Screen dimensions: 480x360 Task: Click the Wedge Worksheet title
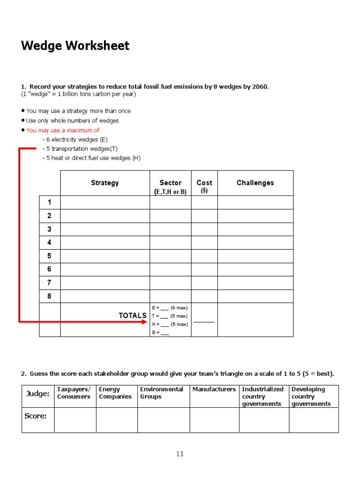[x=75, y=46]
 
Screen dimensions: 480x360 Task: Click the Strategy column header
[x=105, y=183]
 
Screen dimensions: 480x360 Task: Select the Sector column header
[x=170, y=183]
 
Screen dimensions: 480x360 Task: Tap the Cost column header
[x=204, y=183]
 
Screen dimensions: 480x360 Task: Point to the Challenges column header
[x=255, y=183]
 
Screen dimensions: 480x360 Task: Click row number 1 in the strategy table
[x=49, y=202]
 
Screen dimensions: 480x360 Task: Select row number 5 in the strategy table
[x=49, y=256]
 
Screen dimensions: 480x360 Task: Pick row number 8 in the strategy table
[x=49, y=296]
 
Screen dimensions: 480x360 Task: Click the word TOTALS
[x=132, y=315]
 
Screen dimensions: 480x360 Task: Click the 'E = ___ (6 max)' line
[x=170, y=308]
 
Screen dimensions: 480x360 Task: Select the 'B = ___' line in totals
[x=160, y=332]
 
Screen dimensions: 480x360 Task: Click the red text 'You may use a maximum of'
[x=63, y=130]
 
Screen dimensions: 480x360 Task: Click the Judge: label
[x=37, y=394]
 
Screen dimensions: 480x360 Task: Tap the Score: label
[x=36, y=416]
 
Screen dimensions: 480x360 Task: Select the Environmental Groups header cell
[x=162, y=393]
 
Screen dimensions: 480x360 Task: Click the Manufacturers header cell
[x=214, y=390]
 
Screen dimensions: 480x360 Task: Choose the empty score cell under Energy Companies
[x=117, y=420]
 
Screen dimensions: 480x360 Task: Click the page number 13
[x=180, y=454]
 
